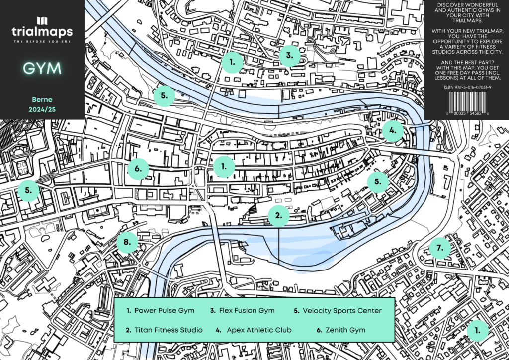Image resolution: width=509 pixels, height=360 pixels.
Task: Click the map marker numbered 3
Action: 289,56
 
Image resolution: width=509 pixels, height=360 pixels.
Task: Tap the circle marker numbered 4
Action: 392,131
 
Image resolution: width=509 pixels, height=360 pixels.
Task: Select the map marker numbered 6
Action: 138,168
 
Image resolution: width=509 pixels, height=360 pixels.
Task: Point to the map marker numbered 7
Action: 439,248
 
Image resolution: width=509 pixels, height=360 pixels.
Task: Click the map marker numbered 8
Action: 128,242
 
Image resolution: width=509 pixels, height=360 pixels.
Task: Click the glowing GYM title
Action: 42,69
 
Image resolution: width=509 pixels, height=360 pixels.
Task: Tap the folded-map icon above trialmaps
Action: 42,21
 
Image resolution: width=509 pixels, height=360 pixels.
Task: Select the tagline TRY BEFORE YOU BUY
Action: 42,42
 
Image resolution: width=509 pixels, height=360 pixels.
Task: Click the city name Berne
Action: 42,99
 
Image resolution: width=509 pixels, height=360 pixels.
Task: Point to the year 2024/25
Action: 42,109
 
